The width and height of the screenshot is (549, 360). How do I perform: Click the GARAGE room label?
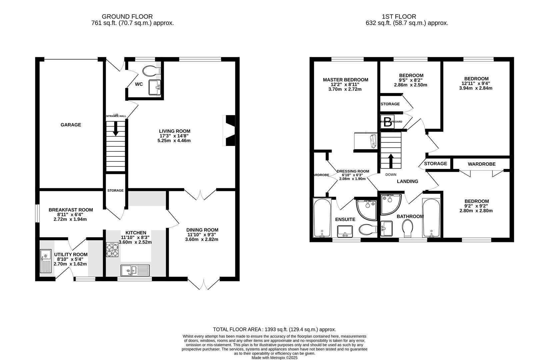click(x=71, y=125)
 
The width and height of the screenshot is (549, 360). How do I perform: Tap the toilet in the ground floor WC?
click(x=151, y=71)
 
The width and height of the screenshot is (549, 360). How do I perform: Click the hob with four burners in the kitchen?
click(x=112, y=249)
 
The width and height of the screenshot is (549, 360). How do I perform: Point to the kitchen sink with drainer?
click(x=135, y=270)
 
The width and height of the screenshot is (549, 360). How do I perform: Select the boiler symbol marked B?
click(x=387, y=121)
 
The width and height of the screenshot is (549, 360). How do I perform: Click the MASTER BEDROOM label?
click(x=345, y=80)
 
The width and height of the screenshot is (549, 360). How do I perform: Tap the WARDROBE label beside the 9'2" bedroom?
click(x=481, y=164)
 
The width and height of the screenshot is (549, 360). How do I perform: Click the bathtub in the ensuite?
click(x=322, y=218)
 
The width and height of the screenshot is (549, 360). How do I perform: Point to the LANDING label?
click(x=407, y=181)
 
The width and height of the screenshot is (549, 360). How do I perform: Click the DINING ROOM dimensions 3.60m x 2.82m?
click(x=202, y=239)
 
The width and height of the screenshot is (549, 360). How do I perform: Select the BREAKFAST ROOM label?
click(x=71, y=210)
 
